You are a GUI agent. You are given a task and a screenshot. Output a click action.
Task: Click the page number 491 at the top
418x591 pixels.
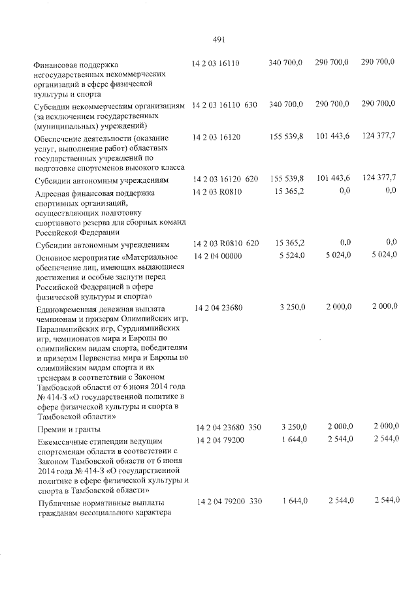point(219,39)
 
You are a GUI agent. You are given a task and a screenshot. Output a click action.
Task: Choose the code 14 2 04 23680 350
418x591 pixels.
point(229,428)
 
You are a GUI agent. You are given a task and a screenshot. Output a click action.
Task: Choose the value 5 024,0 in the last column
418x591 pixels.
point(383,255)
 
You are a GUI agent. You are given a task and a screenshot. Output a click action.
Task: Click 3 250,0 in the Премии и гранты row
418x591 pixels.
point(292,428)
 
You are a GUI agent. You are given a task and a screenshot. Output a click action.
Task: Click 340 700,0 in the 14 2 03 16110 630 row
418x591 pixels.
point(286,104)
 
